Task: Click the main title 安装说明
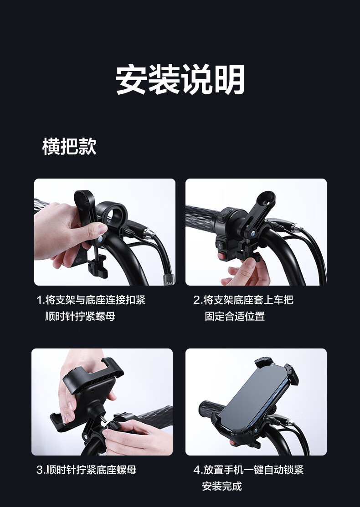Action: pos(180,79)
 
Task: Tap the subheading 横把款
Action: pos(69,146)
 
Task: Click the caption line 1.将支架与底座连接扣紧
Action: pos(91,300)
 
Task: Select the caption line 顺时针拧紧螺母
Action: pos(80,316)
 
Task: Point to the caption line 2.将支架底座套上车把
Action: pos(243,300)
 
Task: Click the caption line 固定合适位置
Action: pos(235,316)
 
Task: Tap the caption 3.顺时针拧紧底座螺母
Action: pos(87,470)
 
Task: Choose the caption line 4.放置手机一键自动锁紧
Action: pos(248,470)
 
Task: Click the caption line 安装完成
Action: pos(222,486)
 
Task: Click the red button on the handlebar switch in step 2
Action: pos(221,256)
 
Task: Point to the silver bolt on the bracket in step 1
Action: pos(100,239)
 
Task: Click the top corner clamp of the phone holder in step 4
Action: pos(265,362)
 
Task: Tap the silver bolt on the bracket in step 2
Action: pos(252,232)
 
